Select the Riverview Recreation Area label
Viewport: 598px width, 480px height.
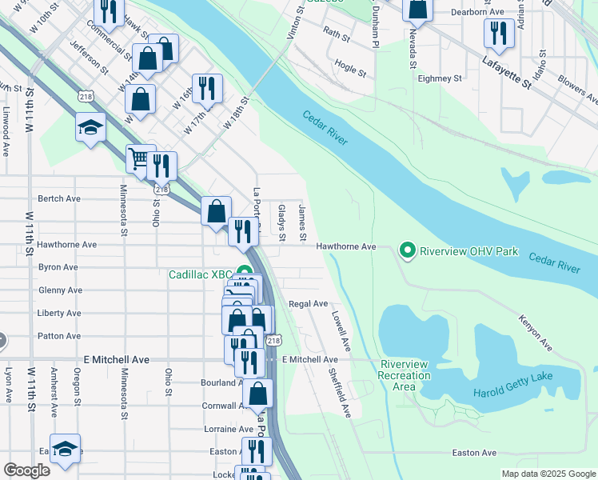click(405, 375)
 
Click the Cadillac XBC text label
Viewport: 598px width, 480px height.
click(199, 274)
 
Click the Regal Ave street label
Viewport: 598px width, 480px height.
click(309, 304)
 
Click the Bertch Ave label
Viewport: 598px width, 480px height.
click(60, 198)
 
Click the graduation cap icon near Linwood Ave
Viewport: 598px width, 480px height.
click(90, 126)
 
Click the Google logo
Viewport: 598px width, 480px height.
click(26, 470)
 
